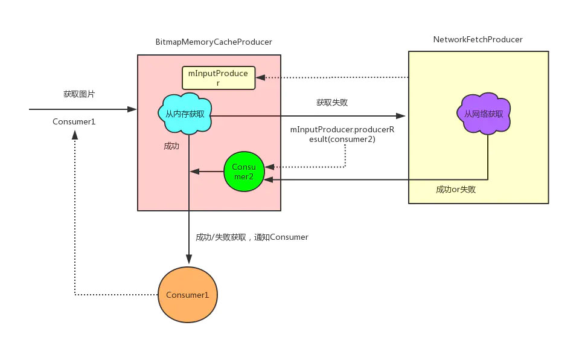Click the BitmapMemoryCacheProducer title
214,42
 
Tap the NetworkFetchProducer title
478,39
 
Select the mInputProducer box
219,77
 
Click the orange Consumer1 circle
187,295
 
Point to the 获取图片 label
79,95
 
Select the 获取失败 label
331,103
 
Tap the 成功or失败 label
456,190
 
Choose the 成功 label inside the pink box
171,146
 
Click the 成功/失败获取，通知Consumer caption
252,237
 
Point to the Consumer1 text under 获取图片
74,122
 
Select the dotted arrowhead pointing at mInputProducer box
260,77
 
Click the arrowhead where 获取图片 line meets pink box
133,109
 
